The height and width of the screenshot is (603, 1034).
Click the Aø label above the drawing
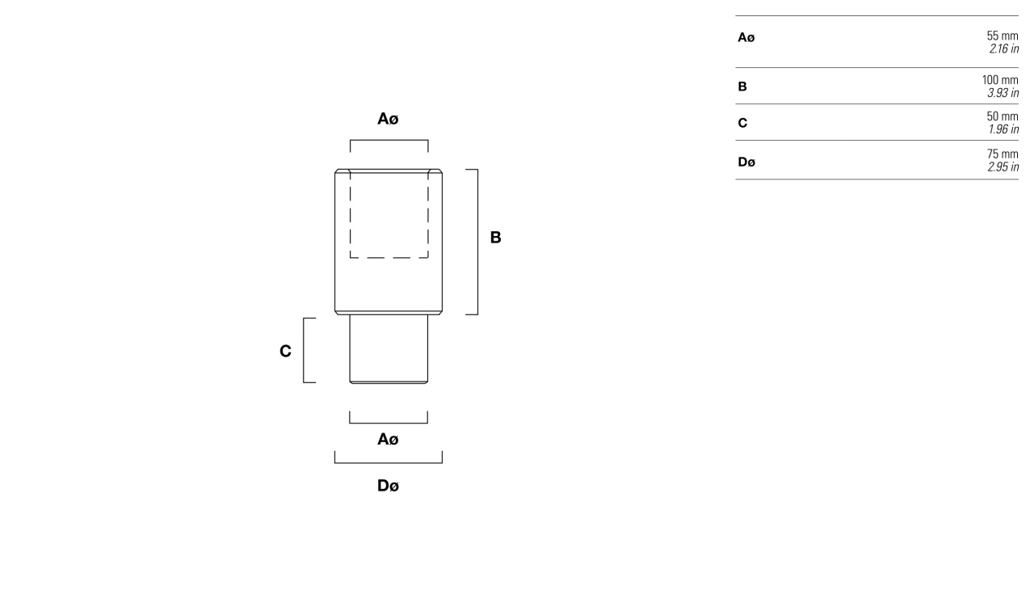388,119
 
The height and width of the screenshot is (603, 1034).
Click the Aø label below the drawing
388,439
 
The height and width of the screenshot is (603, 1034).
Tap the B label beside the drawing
495,238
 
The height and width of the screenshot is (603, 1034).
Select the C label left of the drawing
285,352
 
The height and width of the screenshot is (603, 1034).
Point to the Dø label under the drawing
388,486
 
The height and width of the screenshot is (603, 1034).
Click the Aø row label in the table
746,37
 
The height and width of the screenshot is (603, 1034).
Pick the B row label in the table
742,86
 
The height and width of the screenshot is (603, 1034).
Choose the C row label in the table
742,123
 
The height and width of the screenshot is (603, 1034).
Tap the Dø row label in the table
746,162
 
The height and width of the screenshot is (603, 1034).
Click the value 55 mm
1002,36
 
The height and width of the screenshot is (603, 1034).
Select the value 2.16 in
1003,48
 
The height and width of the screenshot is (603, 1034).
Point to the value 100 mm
1000,80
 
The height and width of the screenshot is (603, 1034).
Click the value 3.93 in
1003,93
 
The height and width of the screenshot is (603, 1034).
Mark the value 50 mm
1002,116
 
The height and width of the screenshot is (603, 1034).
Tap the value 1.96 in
1003,129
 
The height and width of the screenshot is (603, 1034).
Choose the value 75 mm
1002,154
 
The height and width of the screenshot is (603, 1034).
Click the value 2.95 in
1003,167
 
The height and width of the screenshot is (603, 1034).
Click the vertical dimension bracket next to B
477,242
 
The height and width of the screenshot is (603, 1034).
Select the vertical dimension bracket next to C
303,351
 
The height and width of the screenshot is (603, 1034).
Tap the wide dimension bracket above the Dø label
389,462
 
